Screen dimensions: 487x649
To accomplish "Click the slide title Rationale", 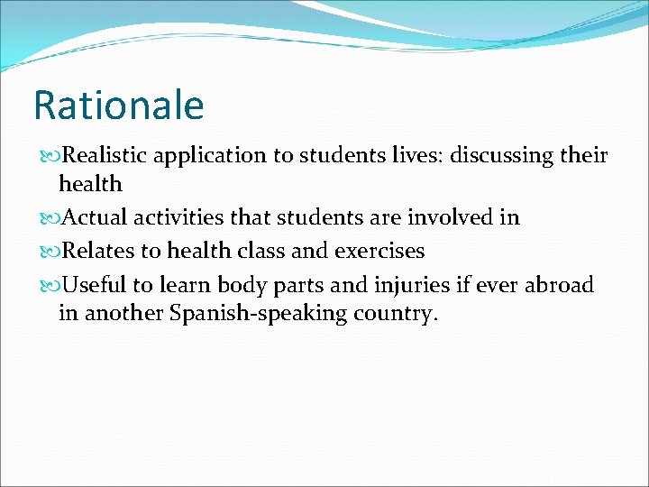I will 119,106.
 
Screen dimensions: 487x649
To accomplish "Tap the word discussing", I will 498,156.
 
